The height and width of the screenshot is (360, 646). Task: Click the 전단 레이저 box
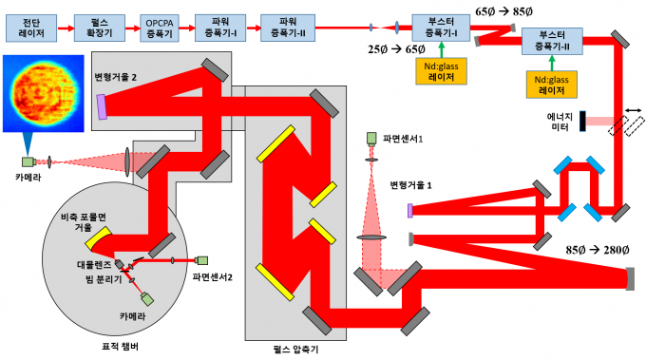pyautogui.click(x=31, y=28)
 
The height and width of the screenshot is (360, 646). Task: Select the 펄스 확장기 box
pyautogui.click(x=100, y=28)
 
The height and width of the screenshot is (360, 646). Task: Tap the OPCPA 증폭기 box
pyautogui.click(x=160, y=28)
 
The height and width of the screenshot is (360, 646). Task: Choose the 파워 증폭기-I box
pyautogui.click(x=220, y=28)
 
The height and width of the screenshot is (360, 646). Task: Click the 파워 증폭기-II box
pyautogui.click(x=288, y=28)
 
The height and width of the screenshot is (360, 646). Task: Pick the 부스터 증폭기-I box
pyautogui.click(x=441, y=28)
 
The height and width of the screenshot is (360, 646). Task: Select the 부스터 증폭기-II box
pyautogui.click(x=552, y=41)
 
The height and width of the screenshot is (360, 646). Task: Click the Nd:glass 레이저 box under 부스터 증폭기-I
pyautogui.click(x=441, y=71)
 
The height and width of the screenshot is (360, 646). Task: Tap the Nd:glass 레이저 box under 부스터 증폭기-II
pyautogui.click(x=552, y=85)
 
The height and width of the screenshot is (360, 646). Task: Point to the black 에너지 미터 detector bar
pyautogui.click(x=582, y=121)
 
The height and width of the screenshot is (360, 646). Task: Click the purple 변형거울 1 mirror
pyautogui.click(x=410, y=211)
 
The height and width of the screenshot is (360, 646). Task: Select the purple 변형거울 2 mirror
pyautogui.click(x=102, y=107)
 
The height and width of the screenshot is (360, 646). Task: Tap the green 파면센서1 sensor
pyautogui.click(x=371, y=139)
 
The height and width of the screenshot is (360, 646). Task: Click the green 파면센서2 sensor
pyautogui.click(x=201, y=260)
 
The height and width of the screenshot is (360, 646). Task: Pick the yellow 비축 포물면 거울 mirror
pyautogui.click(x=99, y=237)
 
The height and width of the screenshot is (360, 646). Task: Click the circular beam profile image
pyautogui.click(x=44, y=93)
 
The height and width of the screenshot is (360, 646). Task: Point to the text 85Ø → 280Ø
pyautogui.click(x=597, y=250)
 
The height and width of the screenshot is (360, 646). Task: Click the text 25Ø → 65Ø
pyautogui.click(x=396, y=49)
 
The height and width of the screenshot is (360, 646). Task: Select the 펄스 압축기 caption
pyautogui.click(x=295, y=350)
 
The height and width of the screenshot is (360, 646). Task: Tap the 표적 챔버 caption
pyautogui.click(x=120, y=347)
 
